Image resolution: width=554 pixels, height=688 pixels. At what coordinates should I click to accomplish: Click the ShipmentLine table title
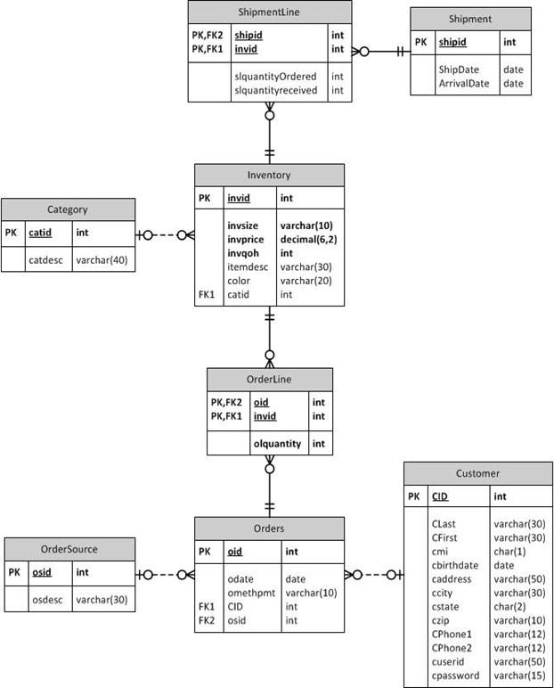click(x=269, y=12)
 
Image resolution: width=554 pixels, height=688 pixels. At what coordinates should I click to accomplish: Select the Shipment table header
click(x=470, y=19)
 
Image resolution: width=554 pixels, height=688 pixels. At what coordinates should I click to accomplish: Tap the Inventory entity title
click(x=269, y=175)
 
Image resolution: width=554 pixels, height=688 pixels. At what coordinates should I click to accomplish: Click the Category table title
click(x=68, y=209)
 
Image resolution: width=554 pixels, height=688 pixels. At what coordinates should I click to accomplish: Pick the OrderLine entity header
click(x=269, y=379)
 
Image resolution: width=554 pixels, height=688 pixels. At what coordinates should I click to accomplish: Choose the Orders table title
click(x=269, y=528)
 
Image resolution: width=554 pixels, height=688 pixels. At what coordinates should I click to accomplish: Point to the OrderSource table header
click(x=69, y=549)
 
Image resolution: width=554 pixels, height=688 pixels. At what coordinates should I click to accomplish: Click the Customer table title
click(x=477, y=473)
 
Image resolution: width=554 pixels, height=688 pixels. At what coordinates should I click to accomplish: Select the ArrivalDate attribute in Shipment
click(x=465, y=84)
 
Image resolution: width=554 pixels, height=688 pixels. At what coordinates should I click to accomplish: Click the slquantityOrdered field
click(x=275, y=77)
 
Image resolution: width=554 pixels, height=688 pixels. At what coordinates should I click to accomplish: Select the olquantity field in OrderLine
click(x=276, y=443)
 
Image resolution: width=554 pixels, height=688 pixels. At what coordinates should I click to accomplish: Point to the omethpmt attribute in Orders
click(x=253, y=593)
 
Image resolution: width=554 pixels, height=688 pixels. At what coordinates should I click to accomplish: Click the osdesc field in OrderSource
click(x=46, y=599)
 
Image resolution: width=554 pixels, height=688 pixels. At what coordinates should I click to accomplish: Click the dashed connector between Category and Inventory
click(x=165, y=235)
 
